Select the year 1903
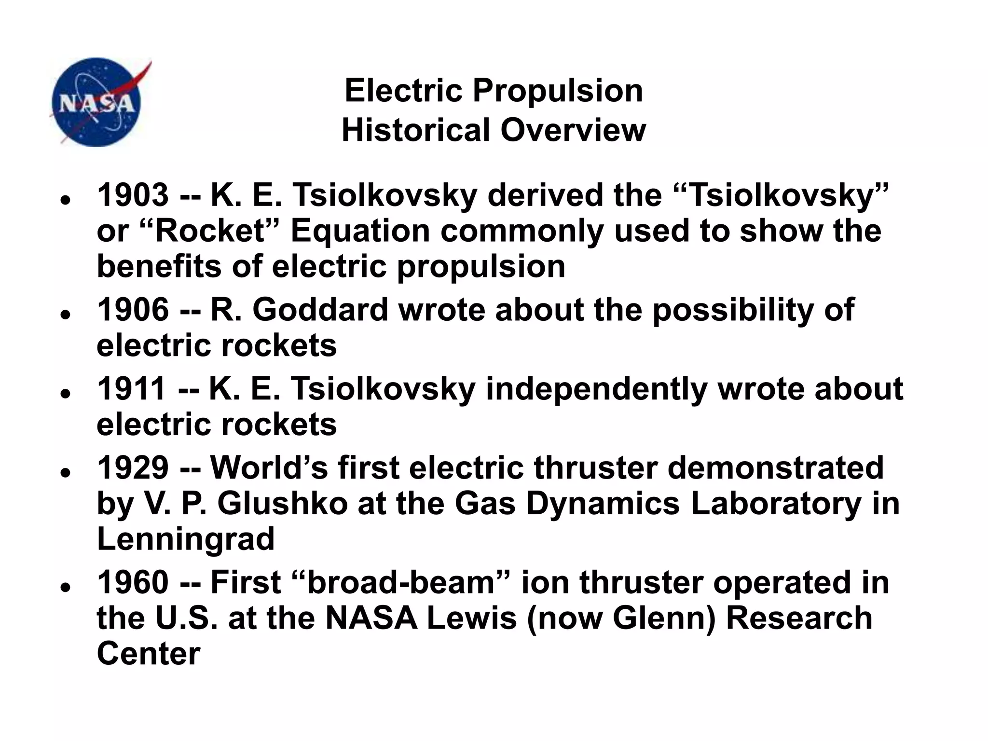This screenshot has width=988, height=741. (133, 195)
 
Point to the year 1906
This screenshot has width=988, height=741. (133, 310)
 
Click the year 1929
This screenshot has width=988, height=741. (133, 468)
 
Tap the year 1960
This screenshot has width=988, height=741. (133, 582)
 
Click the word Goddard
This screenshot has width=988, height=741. (320, 310)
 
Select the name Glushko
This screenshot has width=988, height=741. (282, 504)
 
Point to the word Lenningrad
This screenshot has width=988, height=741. (186, 539)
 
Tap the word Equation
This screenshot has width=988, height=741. (360, 231)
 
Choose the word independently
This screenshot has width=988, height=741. (597, 389)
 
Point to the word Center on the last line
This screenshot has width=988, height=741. (148, 654)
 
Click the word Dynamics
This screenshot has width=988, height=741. (603, 504)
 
